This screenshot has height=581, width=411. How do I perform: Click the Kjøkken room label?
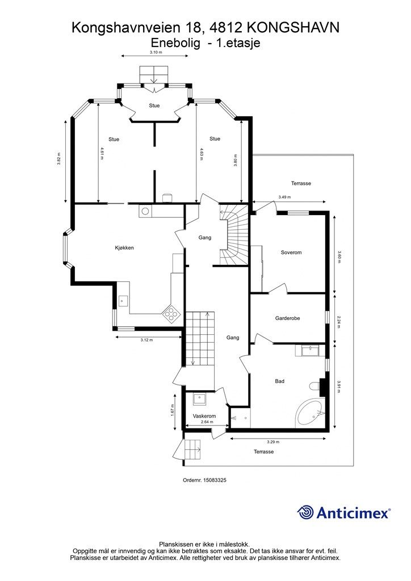pos(124,247)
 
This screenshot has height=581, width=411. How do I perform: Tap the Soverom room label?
pos(291,252)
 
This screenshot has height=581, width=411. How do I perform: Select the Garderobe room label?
pos(288,318)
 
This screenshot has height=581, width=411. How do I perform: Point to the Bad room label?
pos(280,381)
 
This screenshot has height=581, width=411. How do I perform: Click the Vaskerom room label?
pos(204,416)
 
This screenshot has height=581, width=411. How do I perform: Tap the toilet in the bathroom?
pos(315,386)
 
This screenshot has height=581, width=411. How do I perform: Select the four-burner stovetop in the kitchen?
pos(171,314)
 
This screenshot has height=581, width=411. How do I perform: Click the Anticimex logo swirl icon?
pos(305,513)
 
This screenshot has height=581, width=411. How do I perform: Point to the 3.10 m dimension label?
pos(156,52)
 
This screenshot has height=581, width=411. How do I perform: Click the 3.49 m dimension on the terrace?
pos(284,197)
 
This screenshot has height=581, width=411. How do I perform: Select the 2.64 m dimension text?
pos(207,422)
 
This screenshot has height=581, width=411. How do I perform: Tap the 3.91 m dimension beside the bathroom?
pos(339,386)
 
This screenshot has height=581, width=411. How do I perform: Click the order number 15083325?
pos(204,480)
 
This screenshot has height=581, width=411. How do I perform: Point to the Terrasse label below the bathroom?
pos(264,452)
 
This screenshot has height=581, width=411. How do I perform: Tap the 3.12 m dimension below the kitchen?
pos(147,340)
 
